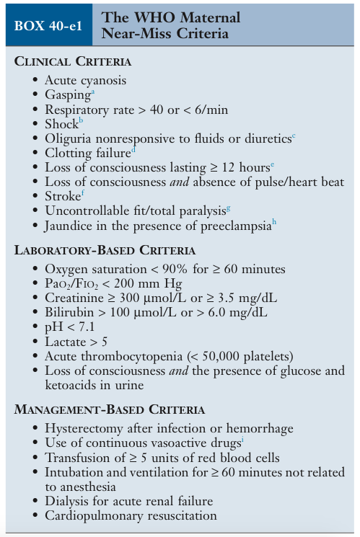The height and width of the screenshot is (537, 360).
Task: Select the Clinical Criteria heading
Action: click(73, 61)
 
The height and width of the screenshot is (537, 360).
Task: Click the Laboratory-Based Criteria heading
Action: click(105, 250)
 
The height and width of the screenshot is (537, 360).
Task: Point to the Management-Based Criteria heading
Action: click(110, 409)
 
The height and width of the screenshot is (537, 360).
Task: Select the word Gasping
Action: click(68, 95)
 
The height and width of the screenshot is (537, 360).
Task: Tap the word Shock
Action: click(61, 123)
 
